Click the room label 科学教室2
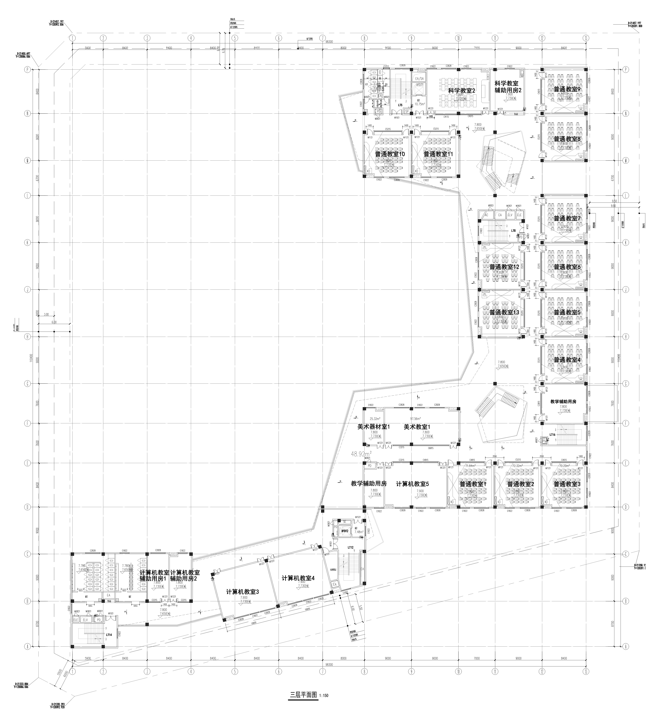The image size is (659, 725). point(461,91)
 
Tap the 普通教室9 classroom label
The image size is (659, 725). point(567,89)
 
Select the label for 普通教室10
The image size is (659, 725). point(390,154)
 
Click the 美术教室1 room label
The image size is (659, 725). point(417,427)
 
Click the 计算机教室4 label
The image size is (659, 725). point(298,578)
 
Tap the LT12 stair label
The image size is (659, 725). point(351,547)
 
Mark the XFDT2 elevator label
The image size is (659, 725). point(345,531)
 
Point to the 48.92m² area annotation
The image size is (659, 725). point(361,454)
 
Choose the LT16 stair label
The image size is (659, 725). point(552,435)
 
